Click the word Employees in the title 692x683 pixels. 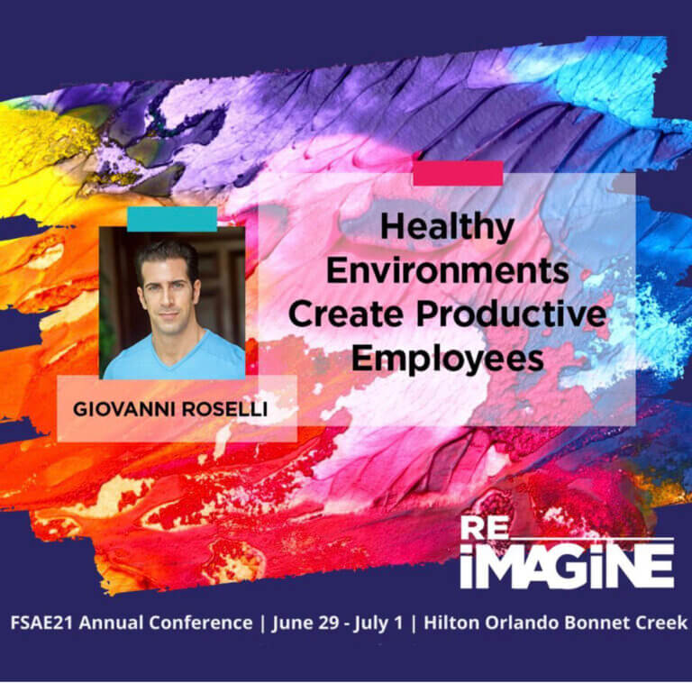point(447,358)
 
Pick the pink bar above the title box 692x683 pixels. point(458,174)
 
